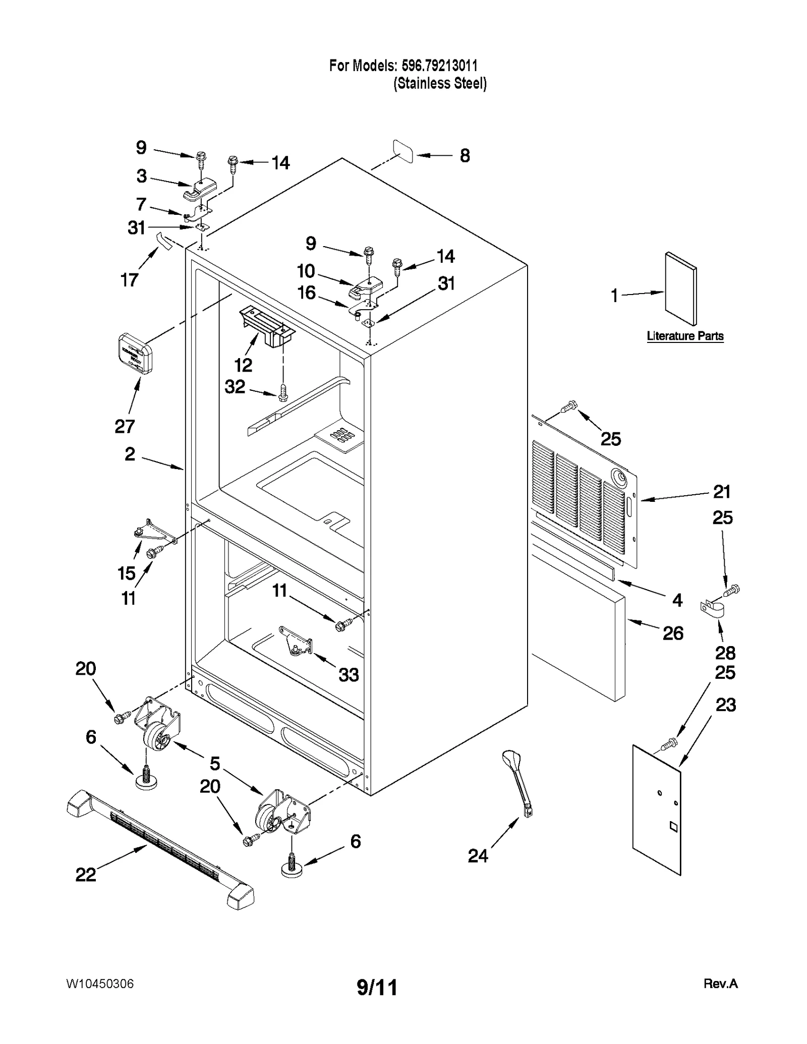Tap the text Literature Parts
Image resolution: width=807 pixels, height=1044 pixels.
click(685, 336)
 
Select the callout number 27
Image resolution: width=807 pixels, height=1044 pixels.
click(125, 426)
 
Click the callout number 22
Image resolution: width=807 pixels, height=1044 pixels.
click(86, 875)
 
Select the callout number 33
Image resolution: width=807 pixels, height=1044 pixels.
click(349, 674)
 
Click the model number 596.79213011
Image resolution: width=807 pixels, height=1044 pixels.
click(439, 66)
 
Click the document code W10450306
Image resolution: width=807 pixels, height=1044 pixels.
click(100, 984)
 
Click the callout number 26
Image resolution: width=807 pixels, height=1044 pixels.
click(673, 633)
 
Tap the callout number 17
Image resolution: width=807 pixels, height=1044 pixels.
click(129, 279)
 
